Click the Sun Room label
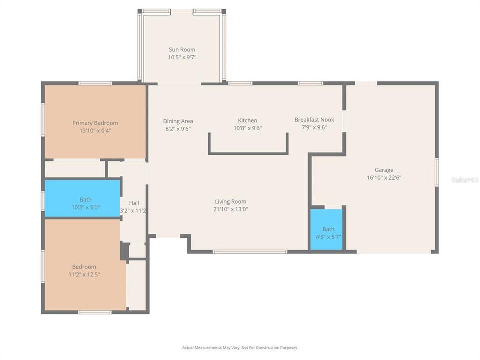[x=182, y=50]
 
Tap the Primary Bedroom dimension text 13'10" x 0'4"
[x=95, y=131]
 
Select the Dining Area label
[x=178, y=121]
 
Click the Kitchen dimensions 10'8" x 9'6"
[x=248, y=128]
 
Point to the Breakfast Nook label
[x=314, y=120]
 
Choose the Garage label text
[x=384, y=170]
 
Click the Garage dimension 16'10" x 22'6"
[x=384, y=178]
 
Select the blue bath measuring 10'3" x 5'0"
[x=82, y=199]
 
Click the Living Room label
[x=231, y=202]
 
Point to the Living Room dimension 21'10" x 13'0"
[x=231, y=210]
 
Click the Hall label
[x=134, y=203]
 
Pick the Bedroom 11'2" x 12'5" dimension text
[x=84, y=275]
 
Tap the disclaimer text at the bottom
[x=240, y=347]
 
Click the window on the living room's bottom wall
[x=250, y=252]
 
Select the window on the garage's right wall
[x=437, y=172]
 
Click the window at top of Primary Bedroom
[x=95, y=83]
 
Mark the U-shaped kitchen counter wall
[x=248, y=153]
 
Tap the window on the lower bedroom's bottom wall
[x=95, y=312]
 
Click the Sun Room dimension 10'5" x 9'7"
[x=182, y=58]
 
